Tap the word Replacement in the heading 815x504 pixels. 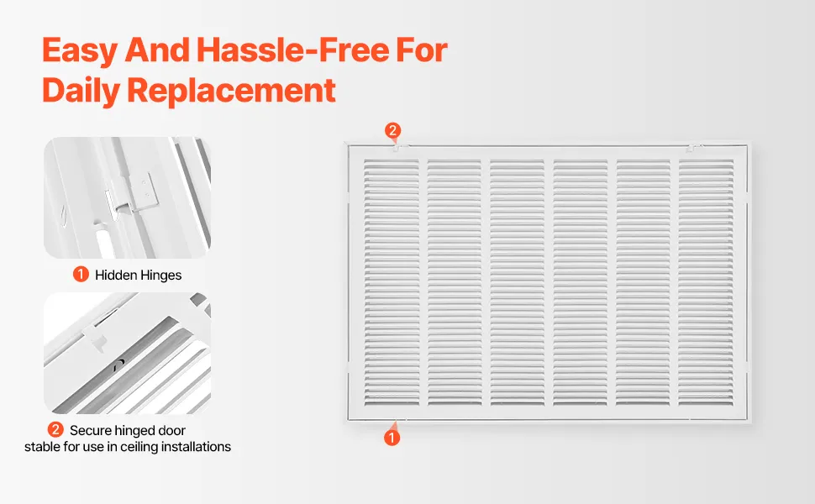tap(231, 91)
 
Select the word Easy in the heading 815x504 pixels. tap(80, 51)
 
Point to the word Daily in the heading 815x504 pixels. tap(81, 91)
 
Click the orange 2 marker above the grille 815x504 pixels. tap(392, 130)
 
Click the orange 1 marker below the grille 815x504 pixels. tap(392, 438)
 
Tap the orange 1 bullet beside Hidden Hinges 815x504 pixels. tap(81, 274)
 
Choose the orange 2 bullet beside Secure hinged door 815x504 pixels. tap(55, 430)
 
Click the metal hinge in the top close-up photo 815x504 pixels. tap(131, 194)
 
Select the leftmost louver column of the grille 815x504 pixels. tap(392, 282)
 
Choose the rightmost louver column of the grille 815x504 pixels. tap(706, 282)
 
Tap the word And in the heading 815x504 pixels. tap(157, 50)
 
